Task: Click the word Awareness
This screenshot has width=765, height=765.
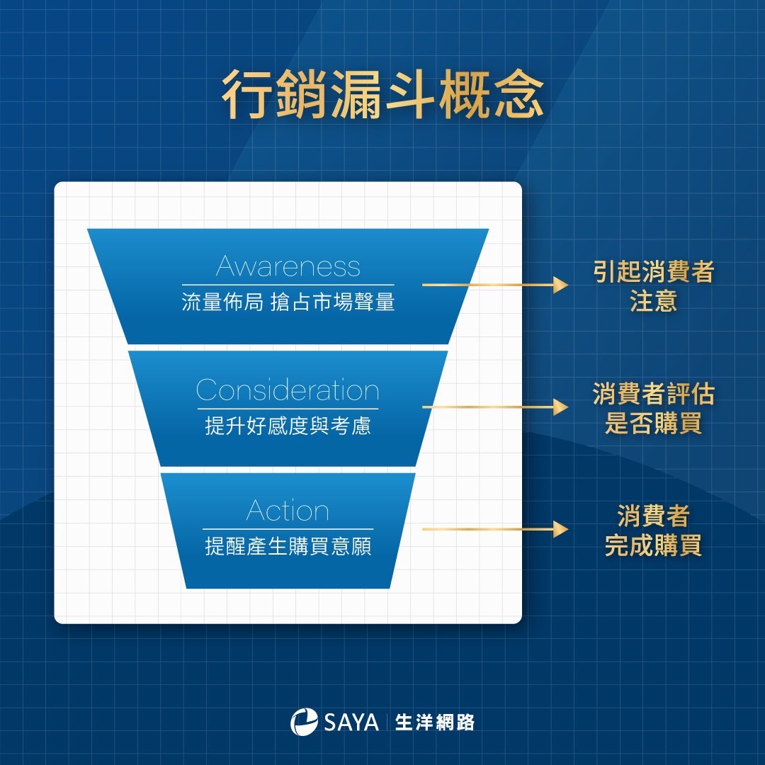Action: coord(288,266)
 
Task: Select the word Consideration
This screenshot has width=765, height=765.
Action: coord(288,390)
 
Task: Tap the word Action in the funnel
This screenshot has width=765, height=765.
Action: coord(288,511)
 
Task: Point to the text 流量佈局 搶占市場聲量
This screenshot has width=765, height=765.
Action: coord(288,303)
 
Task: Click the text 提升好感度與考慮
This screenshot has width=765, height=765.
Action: coord(288,426)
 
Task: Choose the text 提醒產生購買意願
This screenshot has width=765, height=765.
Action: coord(288,547)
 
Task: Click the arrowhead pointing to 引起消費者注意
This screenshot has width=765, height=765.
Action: coord(560,285)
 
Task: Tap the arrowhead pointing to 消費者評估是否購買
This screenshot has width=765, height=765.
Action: coord(560,407)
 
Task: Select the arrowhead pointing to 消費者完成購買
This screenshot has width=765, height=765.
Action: coord(560,529)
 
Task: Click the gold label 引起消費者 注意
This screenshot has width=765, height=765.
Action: coord(653,286)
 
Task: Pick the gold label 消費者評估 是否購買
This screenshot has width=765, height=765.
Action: coord(653,409)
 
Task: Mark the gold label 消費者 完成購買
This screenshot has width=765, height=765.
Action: coord(653,531)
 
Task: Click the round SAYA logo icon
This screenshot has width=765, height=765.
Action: coord(304,722)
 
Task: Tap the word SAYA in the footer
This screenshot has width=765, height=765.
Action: coord(351,722)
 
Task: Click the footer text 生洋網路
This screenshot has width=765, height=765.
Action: coord(435,722)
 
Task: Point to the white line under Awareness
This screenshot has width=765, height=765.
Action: coord(288,285)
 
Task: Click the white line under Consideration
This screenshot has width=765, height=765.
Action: coord(288,409)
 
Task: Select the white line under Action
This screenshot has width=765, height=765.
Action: coord(288,529)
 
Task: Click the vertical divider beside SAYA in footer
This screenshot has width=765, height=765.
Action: coord(385,722)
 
